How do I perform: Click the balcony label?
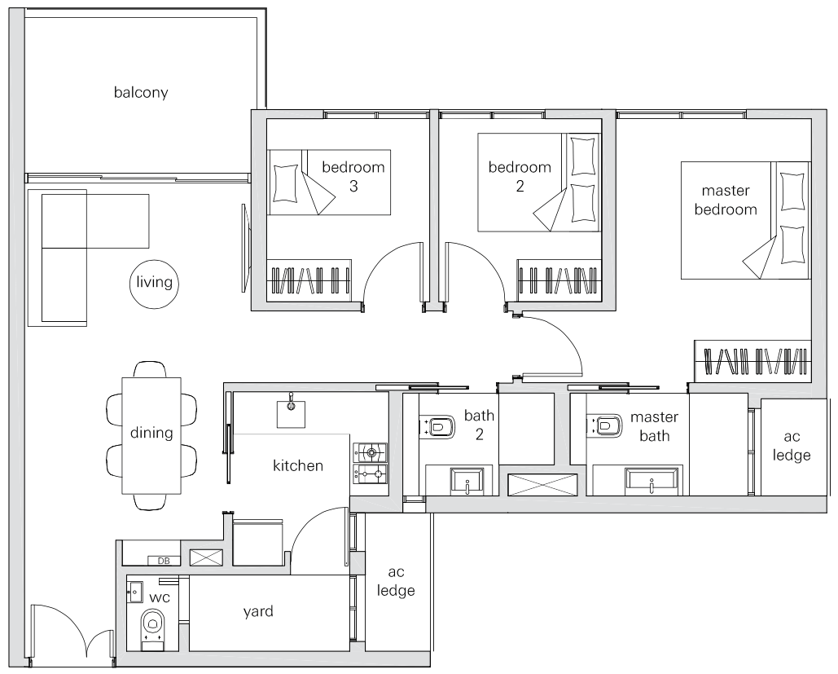[x=141, y=93]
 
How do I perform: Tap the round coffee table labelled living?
[x=154, y=284]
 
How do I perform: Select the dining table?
[x=151, y=435]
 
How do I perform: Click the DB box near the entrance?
[x=164, y=561]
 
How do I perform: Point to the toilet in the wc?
[x=153, y=627]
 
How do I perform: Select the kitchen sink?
[x=292, y=412]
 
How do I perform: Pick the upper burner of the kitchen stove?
[x=371, y=453]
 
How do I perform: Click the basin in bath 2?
[x=467, y=481]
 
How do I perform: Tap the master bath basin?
[x=652, y=480]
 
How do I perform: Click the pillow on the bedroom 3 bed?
[x=286, y=183]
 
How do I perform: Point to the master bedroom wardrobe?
[x=752, y=360]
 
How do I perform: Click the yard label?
[x=258, y=611]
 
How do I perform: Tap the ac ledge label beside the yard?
[x=396, y=581]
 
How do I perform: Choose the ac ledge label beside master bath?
[x=792, y=446]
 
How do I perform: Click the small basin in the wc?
[x=134, y=593]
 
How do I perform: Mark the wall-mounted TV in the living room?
[x=244, y=248]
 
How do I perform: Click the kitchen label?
[x=298, y=465]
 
